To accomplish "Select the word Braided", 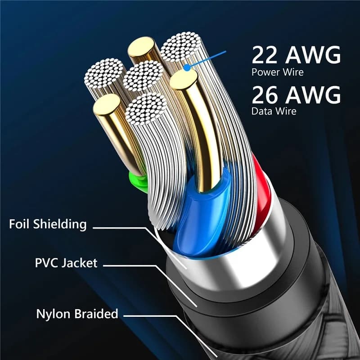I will (x=96, y=314).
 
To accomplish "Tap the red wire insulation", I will (x=261, y=180).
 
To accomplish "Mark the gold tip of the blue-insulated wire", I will (x=184, y=80).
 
